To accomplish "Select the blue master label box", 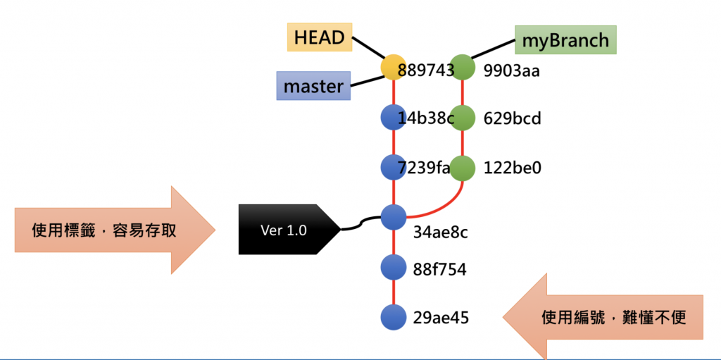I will tap(313, 87).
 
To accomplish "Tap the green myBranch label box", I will tap(565, 40).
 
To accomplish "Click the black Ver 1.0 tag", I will tap(284, 230).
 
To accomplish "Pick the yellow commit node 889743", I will tap(392, 68).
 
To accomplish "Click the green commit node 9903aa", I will tap(462, 68).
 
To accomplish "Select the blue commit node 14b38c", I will tap(392, 117).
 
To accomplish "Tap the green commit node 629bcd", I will tap(462, 117).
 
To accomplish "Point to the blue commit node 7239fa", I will tap(392, 168).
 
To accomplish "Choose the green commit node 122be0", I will tap(462, 168).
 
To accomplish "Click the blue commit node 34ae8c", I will tap(392, 216).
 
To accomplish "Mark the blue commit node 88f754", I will tap(392, 268).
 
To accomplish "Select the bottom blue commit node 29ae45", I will tap(392, 317).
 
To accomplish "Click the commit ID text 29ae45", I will tap(441, 318).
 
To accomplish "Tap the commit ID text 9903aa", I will tap(511, 70).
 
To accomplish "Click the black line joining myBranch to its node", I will tap(492, 49).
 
